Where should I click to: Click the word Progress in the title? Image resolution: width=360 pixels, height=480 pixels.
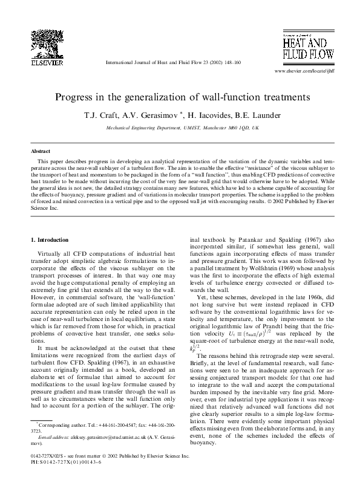click(76, 96)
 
